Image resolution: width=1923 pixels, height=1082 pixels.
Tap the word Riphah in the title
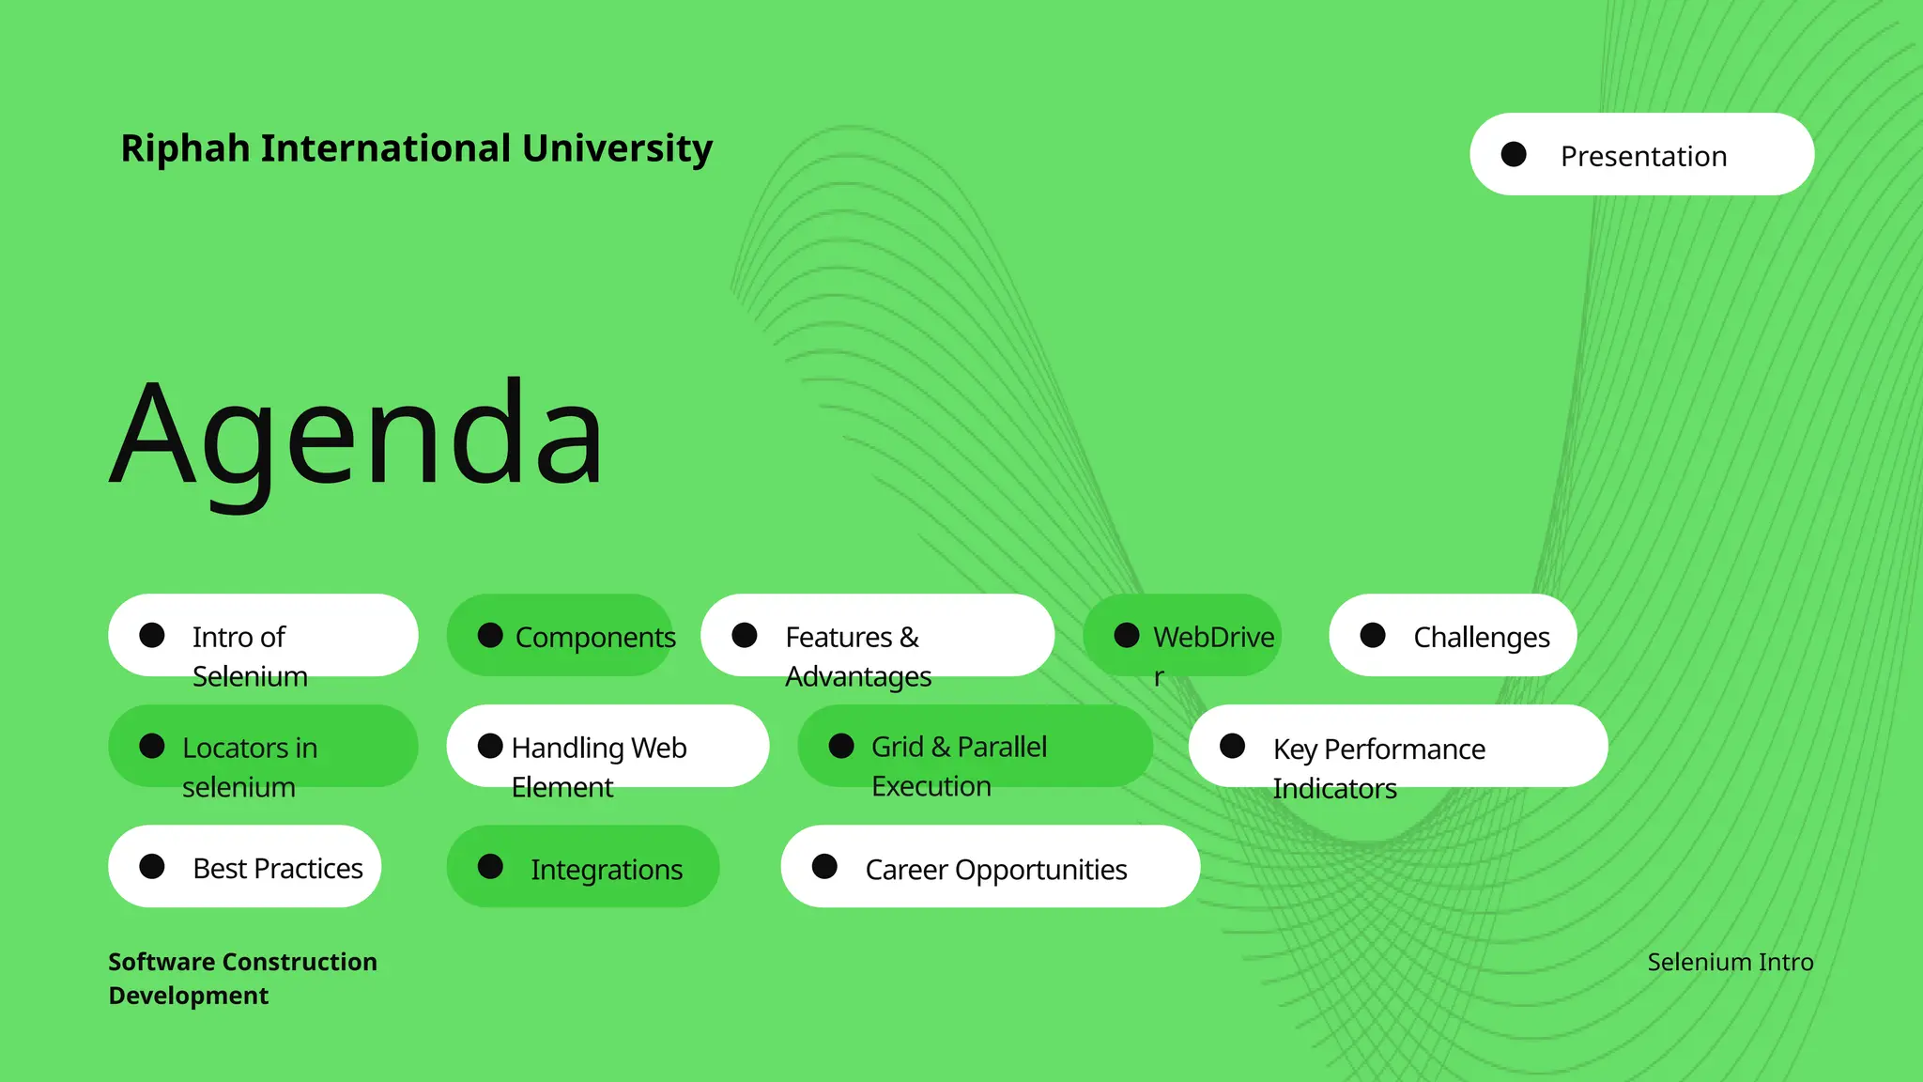(x=185, y=148)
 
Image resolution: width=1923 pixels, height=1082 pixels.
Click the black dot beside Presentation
(x=1514, y=154)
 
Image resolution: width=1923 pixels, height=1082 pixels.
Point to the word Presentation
(x=1643, y=156)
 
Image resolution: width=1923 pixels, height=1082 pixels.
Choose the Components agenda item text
(x=595, y=637)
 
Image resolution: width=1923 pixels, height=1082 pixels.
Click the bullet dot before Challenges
(x=1373, y=636)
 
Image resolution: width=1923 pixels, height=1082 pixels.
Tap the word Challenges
(x=1481, y=637)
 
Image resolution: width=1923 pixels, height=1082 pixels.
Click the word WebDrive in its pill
(x=1213, y=637)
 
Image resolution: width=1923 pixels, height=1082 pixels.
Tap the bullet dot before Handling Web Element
(x=490, y=747)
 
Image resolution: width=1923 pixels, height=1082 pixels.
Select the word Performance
(x=1405, y=750)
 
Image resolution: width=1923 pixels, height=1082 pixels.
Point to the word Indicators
(x=1334, y=789)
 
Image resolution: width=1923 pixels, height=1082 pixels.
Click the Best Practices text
(x=278, y=869)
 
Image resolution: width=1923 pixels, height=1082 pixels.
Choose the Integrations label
(x=607, y=870)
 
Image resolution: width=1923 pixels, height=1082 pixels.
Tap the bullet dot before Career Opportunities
(x=824, y=867)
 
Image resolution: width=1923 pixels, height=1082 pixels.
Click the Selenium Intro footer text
(x=1730, y=962)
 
